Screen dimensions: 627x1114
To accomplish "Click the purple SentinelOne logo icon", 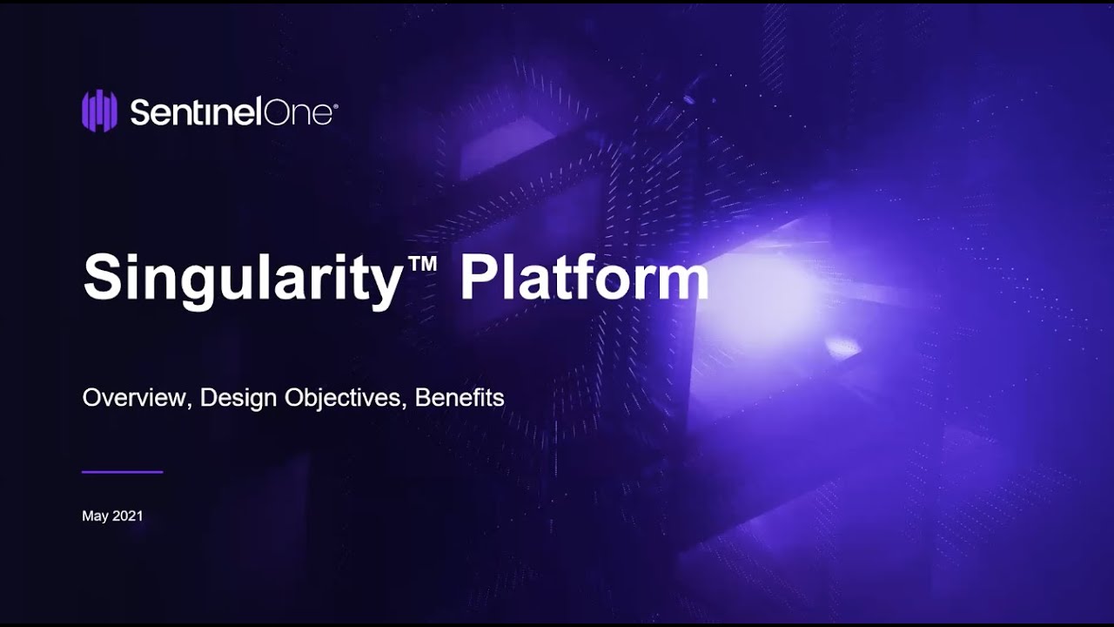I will [x=99, y=111].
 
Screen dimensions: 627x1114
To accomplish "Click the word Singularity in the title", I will [x=240, y=279].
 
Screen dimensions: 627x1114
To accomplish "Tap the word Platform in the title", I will [x=584, y=279].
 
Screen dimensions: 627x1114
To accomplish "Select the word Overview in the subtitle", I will [x=135, y=398].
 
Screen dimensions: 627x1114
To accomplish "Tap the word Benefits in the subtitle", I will [x=460, y=398].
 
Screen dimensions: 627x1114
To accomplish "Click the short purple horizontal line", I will [x=122, y=472].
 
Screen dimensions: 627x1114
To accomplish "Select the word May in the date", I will [x=95, y=516].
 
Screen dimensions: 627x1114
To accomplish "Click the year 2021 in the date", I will [x=128, y=516].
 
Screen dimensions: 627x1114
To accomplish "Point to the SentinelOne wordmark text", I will [x=231, y=112].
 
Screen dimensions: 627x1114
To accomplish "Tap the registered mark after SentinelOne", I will [x=335, y=104].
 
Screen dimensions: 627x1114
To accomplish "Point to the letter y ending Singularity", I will [x=383, y=286].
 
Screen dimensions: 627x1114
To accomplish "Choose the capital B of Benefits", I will [x=422, y=398].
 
